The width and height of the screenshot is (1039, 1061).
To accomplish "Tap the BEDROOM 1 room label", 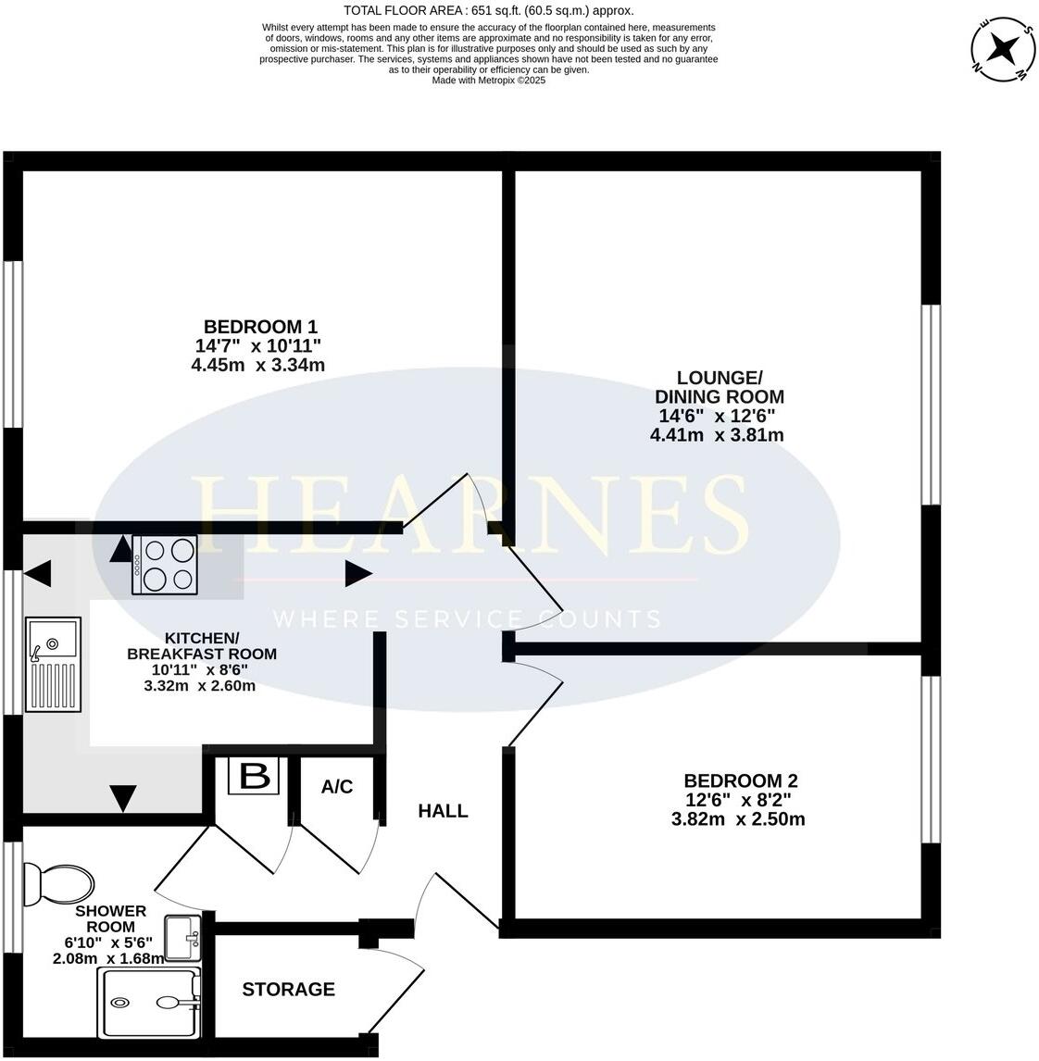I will tap(260, 327).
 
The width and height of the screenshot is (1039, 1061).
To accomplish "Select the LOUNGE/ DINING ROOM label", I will tap(719, 387).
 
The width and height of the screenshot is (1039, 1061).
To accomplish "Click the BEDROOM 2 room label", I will tap(740, 780).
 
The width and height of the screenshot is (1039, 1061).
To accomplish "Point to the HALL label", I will tap(443, 811).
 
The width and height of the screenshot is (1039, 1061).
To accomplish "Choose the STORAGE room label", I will tap(288, 990).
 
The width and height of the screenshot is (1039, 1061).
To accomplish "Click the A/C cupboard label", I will tap(337, 787).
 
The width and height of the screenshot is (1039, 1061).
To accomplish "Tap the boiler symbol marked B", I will tap(254, 776).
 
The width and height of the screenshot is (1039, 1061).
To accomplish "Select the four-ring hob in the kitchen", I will tap(165, 565).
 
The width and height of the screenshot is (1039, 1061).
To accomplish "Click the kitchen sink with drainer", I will tap(54, 665).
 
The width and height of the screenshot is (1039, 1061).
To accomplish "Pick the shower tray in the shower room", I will tap(151, 1003).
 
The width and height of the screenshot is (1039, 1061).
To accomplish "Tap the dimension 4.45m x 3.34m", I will tap(257, 365).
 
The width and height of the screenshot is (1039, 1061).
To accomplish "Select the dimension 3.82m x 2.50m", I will tap(738, 818).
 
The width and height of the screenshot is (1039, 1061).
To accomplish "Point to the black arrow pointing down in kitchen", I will tap(123, 797).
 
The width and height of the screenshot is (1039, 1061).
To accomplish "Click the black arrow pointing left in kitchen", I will tap(38, 575).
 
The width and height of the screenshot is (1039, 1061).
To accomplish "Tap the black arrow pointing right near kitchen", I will tap(358, 574).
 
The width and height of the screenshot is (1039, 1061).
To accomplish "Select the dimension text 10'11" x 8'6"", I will tap(200, 669).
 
